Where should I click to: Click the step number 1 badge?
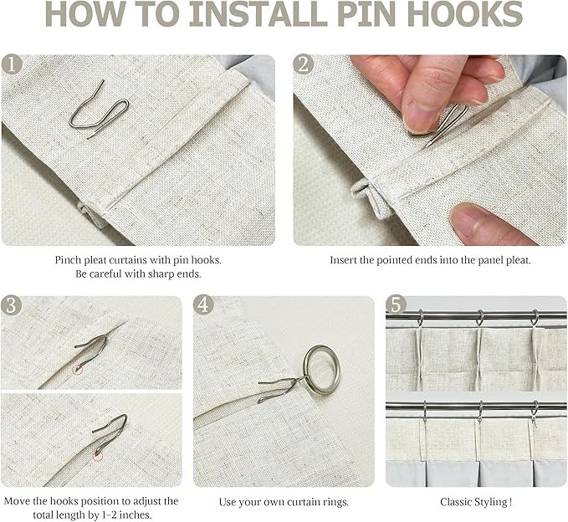tap(12, 64)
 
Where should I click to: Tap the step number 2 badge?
tap(303, 64)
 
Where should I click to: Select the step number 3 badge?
tap(11, 305)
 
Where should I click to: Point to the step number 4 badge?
tap(203, 304)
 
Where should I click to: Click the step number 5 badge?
tap(396, 304)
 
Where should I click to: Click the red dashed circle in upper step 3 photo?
tap(78, 370)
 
